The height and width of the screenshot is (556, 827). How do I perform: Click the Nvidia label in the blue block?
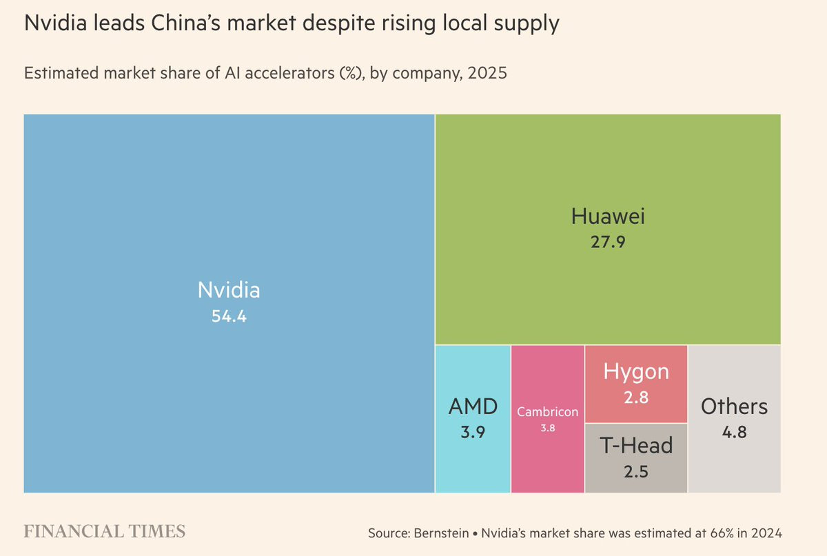point(229,289)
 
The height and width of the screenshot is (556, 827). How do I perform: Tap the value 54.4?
point(229,318)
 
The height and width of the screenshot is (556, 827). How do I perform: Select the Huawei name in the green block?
point(608,216)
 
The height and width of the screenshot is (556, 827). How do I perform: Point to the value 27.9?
point(608,242)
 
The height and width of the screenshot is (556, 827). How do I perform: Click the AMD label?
point(473,406)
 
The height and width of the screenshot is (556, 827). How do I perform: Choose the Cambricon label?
point(548,412)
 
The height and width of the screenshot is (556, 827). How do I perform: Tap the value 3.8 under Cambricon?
point(548,428)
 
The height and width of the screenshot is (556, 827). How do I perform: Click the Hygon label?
point(636,372)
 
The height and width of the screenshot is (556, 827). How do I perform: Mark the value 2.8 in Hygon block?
point(636,397)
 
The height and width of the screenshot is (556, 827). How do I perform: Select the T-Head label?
point(636,446)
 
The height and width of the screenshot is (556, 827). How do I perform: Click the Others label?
point(734,406)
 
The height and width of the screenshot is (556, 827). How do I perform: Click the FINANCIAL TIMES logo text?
point(105,531)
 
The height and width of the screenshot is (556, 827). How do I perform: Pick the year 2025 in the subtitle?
point(487,73)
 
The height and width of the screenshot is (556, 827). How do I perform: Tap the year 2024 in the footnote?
point(766,533)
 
